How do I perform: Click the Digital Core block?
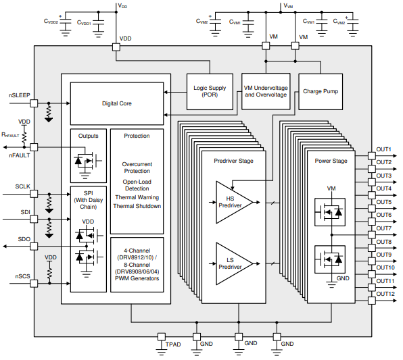(116, 104)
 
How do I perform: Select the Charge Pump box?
(321, 91)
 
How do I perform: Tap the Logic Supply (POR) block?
(210, 91)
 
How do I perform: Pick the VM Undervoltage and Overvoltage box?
(265, 91)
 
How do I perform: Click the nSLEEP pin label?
(20, 95)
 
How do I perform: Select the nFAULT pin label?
(20, 155)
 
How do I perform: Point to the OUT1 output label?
(384, 149)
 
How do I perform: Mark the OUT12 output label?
(385, 294)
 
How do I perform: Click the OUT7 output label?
(384, 228)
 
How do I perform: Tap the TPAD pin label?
(174, 344)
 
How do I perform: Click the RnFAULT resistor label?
(11, 134)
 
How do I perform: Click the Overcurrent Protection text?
(137, 168)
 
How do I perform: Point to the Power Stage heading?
(331, 161)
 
